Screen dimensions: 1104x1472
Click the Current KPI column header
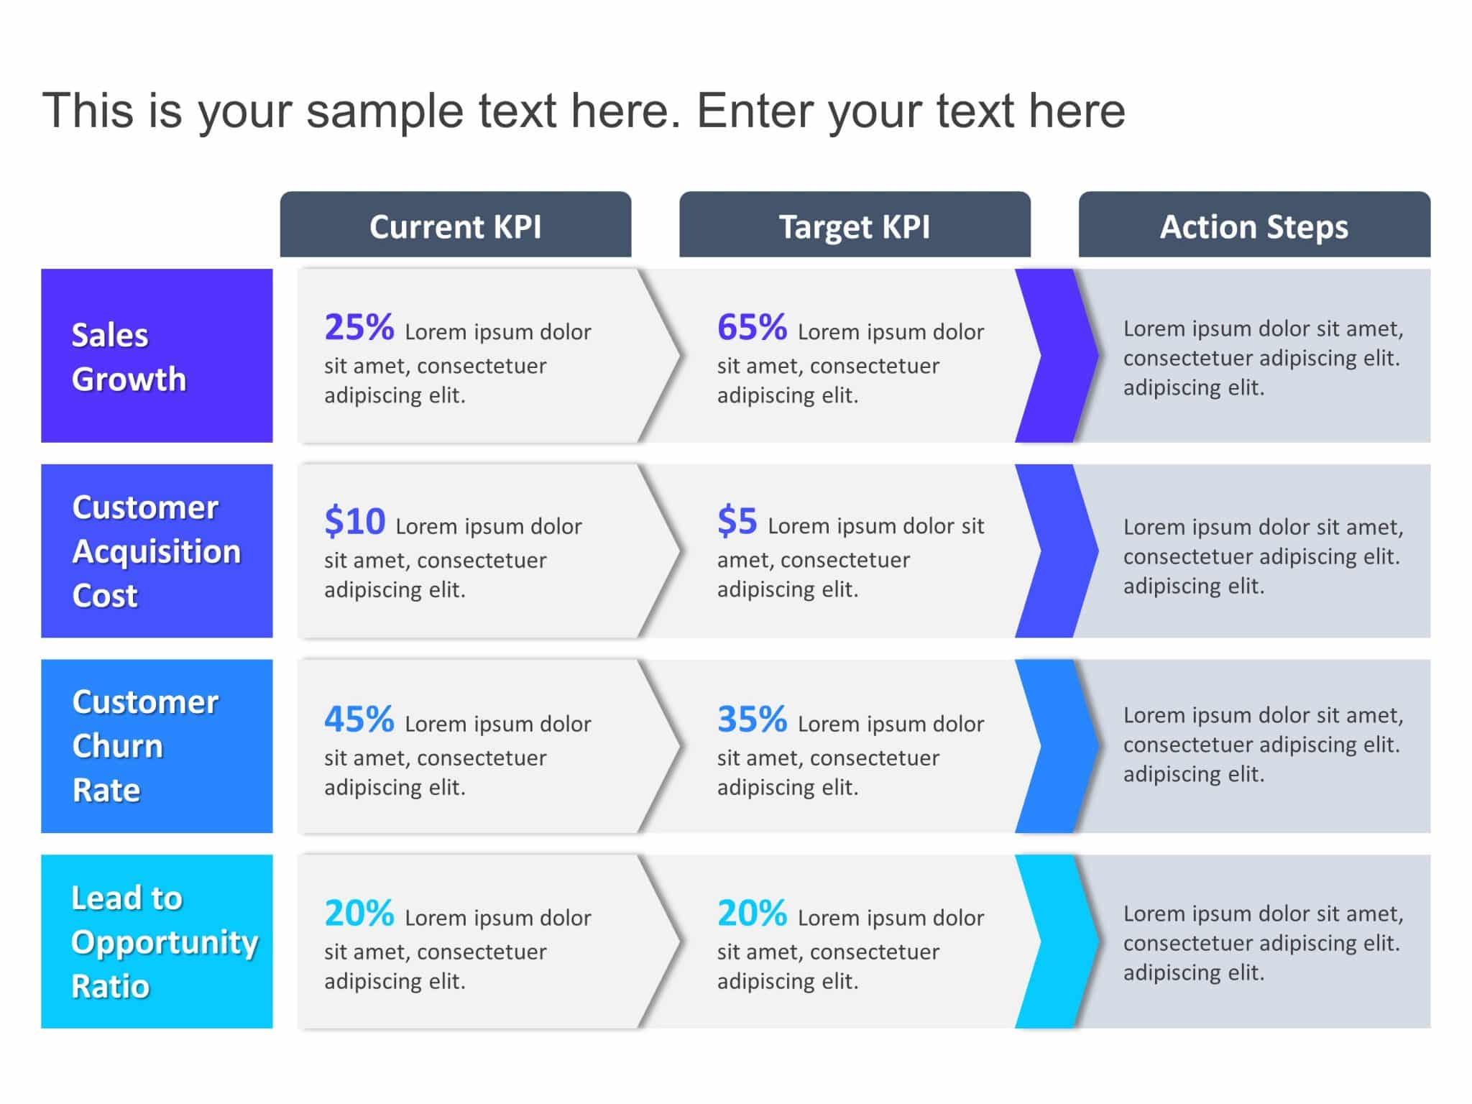pos(455,226)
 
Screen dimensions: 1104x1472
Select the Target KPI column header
pos(855,226)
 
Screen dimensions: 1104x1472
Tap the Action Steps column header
pos(1254,226)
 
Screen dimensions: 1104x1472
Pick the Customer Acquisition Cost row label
pos(157,551)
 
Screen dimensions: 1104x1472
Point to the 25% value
pos(359,328)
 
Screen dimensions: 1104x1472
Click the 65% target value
pos(752,328)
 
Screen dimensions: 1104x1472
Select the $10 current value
pos(354,522)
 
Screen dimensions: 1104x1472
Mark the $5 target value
pos(737,522)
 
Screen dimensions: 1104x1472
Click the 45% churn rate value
pos(359,719)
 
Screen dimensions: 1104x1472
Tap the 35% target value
pos(752,719)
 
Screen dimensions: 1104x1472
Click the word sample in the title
pos(384,111)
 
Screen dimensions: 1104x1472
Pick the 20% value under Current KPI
pos(359,914)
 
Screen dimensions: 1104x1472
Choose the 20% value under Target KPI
pos(752,914)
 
